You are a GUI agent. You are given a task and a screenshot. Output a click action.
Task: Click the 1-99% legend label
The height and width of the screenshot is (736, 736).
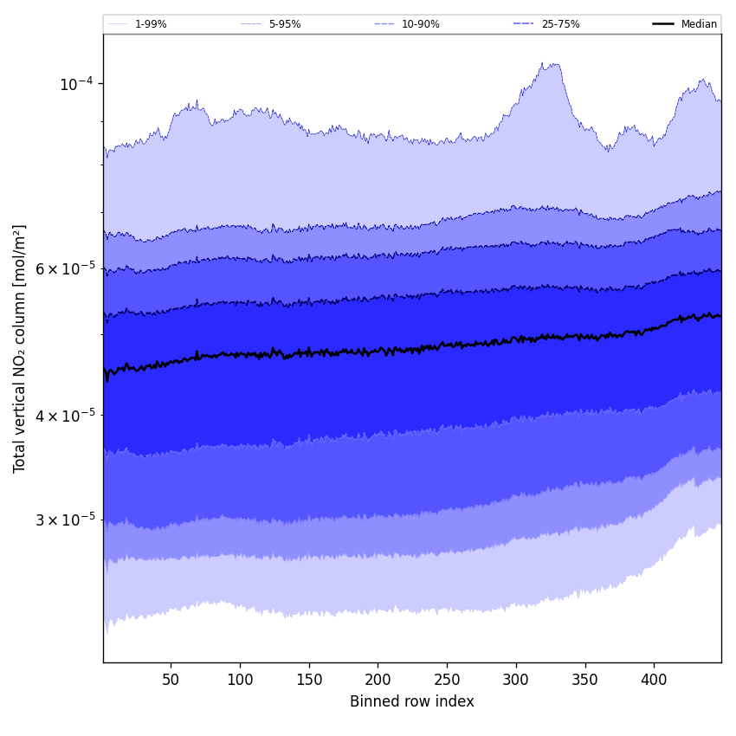[x=151, y=24]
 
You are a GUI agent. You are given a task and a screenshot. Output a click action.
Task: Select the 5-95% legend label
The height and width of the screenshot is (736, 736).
[x=285, y=24]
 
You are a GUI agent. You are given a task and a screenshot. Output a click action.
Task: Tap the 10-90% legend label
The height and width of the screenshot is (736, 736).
[x=420, y=24]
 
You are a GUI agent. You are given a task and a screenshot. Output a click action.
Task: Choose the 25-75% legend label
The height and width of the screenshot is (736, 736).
[x=560, y=24]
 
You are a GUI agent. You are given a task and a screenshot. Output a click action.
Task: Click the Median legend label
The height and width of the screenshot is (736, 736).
[x=699, y=24]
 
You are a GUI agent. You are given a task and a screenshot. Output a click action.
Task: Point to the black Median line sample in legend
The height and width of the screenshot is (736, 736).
[x=663, y=24]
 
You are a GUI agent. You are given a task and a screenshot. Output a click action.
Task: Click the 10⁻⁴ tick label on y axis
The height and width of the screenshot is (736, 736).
[x=76, y=84]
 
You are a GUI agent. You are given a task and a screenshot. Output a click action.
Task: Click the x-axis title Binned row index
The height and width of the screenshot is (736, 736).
[x=412, y=701]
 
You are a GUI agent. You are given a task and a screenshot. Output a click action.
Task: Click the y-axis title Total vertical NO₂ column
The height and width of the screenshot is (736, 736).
[x=20, y=349]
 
